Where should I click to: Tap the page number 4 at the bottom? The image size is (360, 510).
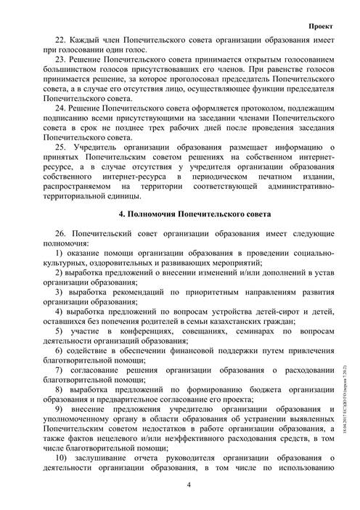click(x=188, y=484)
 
